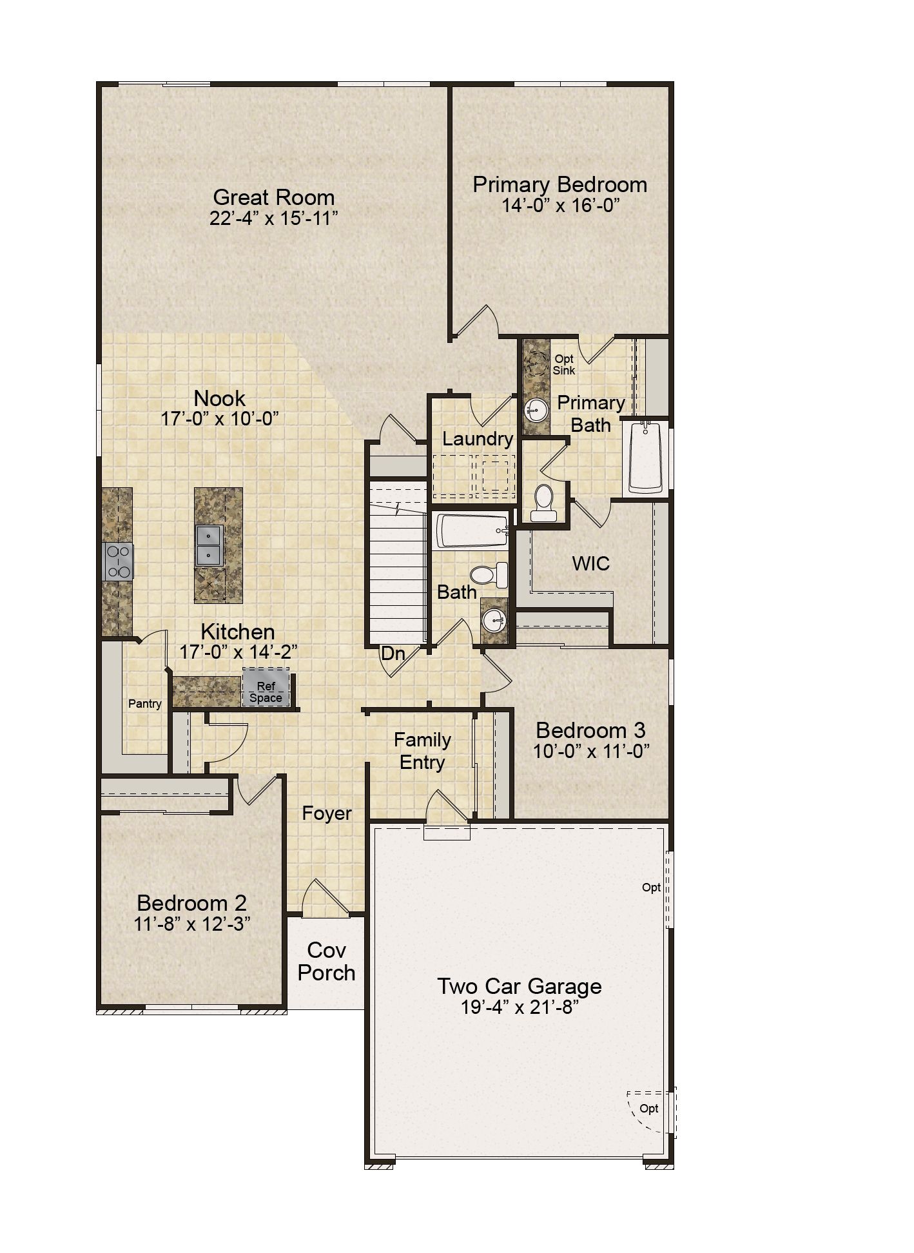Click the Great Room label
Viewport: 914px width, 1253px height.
[274, 197]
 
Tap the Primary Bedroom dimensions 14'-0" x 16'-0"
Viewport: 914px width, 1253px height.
[560, 206]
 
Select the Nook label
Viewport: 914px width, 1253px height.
[220, 398]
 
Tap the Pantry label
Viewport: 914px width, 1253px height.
[145, 703]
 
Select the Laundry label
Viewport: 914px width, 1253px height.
[478, 439]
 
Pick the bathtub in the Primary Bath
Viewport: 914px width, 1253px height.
[646, 458]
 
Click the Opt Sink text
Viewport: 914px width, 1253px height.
[564, 365]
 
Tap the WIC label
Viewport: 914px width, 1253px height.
[591, 563]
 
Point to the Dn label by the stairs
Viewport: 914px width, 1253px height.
[393, 654]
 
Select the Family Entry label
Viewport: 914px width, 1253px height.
[423, 751]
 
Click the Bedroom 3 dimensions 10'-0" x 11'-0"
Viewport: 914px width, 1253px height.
[591, 751]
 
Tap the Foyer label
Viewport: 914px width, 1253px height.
[327, 813]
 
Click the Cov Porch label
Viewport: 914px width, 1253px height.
[327, 961]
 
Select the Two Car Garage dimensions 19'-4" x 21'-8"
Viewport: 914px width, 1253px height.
[520, 1007]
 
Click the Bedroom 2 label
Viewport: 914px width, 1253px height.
[192, 903]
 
